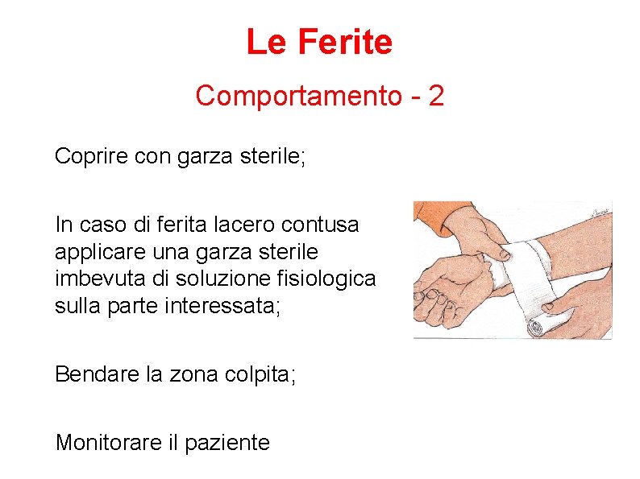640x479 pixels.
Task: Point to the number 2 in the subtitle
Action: click(436, 96)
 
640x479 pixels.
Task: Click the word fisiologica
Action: click(330, 279)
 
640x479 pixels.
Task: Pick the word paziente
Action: click(227, 442)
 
